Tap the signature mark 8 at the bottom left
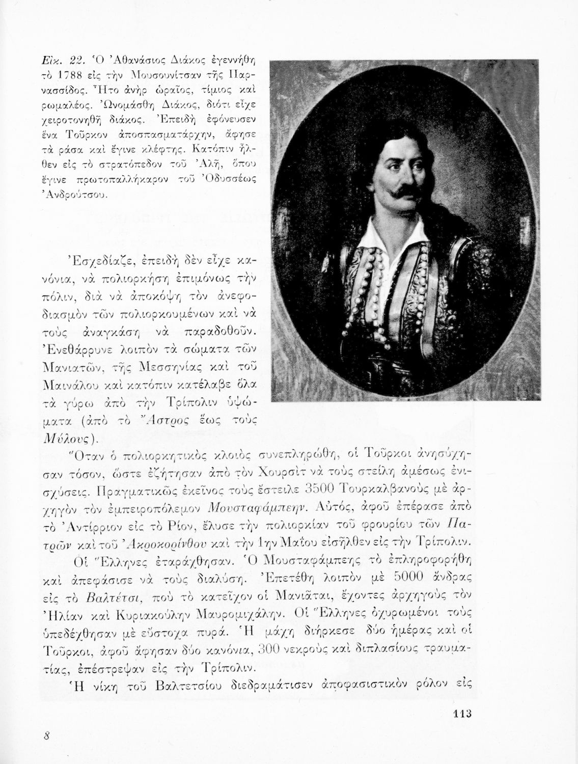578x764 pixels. click(x=46, y=735)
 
